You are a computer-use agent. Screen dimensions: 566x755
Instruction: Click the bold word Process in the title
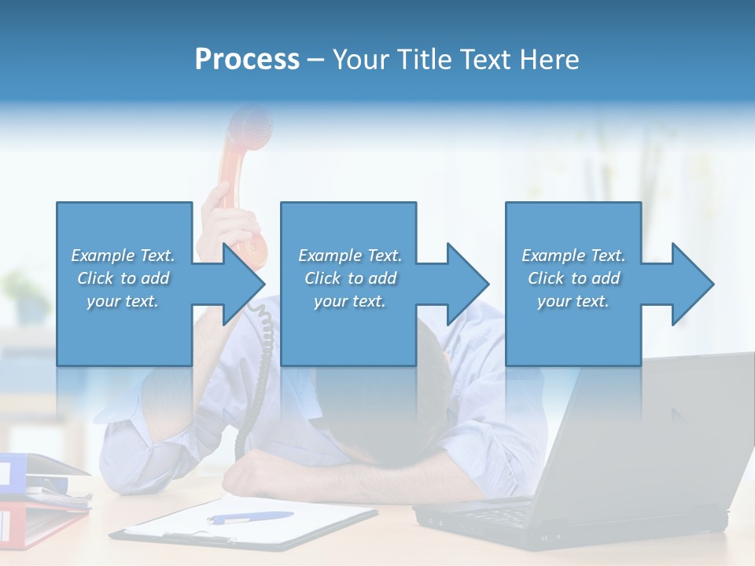247,59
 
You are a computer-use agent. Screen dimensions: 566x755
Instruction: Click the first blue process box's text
123,278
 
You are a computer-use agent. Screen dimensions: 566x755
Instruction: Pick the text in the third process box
573,278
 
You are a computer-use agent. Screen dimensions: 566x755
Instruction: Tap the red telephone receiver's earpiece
250,126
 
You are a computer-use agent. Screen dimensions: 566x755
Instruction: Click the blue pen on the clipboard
249,517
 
